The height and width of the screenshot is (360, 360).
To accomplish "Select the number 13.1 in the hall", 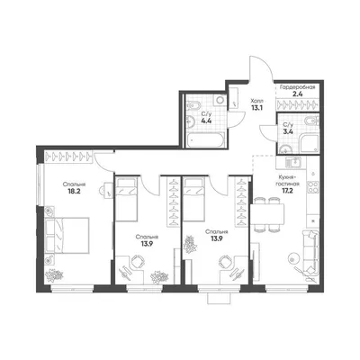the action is [x=257, y=108].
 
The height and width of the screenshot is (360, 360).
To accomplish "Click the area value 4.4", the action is [x=206, y=121].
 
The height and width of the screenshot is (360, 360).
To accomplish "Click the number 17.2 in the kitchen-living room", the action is [x=287, y=190].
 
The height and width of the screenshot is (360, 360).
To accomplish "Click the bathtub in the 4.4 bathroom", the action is [x=205, y=140].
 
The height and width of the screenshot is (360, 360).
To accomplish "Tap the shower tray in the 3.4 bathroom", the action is [x=309, y=143].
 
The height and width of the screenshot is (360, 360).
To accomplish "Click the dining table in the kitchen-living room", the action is [x=267, y=214].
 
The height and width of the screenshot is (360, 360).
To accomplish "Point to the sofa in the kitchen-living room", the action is [x=310, y=253].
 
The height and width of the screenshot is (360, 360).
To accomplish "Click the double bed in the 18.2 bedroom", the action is [x=67, y=235].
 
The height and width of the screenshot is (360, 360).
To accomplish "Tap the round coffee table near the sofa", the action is [x=292, y=257].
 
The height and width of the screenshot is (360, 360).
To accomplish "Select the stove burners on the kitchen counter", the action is [x=313, y=187].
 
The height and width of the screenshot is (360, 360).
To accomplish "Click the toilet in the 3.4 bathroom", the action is [x=310, y=121].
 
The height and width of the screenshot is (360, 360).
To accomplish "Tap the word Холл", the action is [x=256, y=101].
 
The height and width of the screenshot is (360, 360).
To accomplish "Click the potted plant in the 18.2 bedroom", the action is [x=54, y=275].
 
